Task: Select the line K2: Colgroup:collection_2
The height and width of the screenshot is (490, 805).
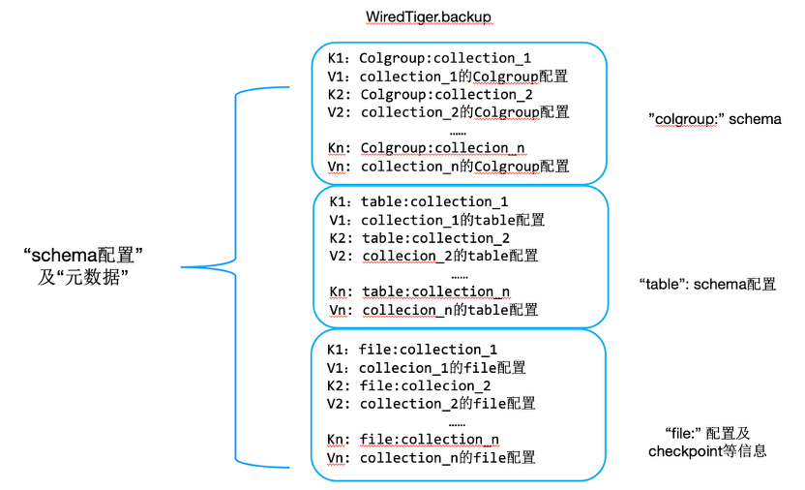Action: tap(431, 94)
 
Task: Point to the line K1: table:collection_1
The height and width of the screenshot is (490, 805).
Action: tap(418, 202)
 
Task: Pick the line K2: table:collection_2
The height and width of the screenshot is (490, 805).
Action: tap(420, 238)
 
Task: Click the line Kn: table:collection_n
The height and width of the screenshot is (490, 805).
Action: tap(419, 291)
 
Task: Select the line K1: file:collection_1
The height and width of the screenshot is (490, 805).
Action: tap(412, 350)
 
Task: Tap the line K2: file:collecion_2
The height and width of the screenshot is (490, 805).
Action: tap(411, 385)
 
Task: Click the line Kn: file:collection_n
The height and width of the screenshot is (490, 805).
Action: tap(413, 440)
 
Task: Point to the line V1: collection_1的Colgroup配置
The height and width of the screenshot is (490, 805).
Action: tap(448, 77)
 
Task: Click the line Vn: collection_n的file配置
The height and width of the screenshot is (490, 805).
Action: tap(432, 458)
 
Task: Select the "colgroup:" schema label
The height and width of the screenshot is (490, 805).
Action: tap(714, 119)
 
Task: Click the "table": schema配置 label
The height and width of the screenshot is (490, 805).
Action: tap(707, 285)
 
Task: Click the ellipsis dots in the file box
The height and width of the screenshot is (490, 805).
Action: tap(457, 422)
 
